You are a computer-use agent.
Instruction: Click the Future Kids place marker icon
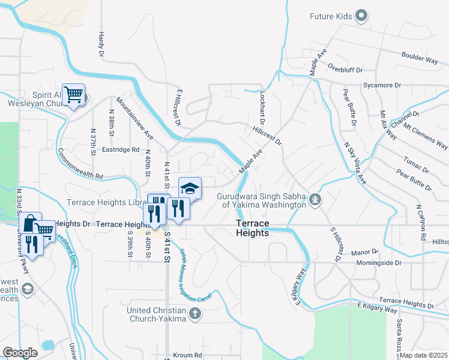[x=361, y=16]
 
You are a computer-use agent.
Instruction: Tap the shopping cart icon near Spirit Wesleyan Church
[x=73, y=94]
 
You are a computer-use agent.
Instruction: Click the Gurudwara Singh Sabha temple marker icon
[x=315, y=199]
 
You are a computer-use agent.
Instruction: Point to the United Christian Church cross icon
[x=194, y=313]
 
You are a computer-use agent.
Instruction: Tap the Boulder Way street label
[x=420, y=58]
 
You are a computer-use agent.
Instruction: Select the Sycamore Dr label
[x=382, y=86]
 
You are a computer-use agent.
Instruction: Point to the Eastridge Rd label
[x=121, y=150]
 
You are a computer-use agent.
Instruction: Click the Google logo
[x=20, y=353]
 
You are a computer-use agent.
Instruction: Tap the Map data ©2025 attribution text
[x=424, y=355]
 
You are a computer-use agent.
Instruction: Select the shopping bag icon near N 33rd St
[x=29, y=223]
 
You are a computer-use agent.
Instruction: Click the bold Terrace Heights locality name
[x=252, y=228]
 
